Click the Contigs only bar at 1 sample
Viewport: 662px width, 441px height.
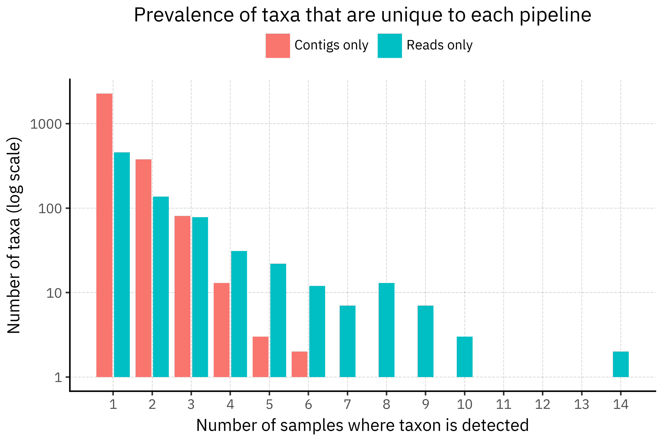click(x=104, y=235)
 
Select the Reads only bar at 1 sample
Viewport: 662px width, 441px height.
click(x=122, y=264)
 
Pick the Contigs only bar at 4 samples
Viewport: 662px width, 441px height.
click(x=222, y=330)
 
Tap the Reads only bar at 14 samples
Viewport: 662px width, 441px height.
click(x=621, y=364)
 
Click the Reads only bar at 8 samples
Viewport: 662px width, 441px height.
click(x=387, y=330)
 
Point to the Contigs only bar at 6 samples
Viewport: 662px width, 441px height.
click(x=300, y=364)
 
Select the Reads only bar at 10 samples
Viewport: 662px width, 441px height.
click(x=465, y=357)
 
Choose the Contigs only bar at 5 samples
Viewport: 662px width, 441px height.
click(x=260, y=357)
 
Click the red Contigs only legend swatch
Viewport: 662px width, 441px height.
click(x=277, y=46)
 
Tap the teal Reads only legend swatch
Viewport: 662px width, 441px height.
click(x=389, y=46)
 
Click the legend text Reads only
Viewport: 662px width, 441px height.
click(x=439, y=45)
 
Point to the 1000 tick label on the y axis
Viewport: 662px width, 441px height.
click(x=46, y=124)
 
